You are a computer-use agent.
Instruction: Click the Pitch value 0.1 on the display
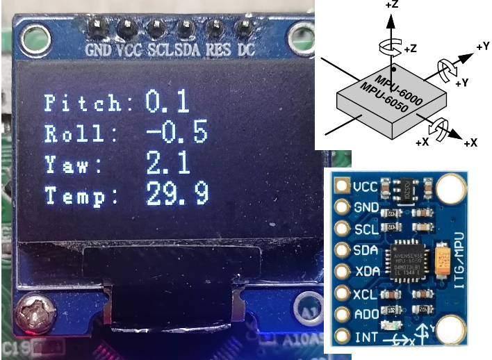pyautogui.click(x=167, y=103)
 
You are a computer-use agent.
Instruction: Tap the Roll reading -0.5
pyautogui.click(x=177, y=132)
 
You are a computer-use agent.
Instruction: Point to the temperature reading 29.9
pyautogui.click(x=177, y=194)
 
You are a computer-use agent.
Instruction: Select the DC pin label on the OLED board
pyautogui.click(x=246, y=51)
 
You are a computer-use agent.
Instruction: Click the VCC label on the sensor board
pyautogui.click(x=366, y=186)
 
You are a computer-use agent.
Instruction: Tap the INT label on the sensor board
pyautogui.click(x=363, y=338)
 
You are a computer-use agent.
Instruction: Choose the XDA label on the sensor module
pyautogui.click(x=366, y=272)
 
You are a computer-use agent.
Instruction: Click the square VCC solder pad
pyautogui.click(x=341, y=186)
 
